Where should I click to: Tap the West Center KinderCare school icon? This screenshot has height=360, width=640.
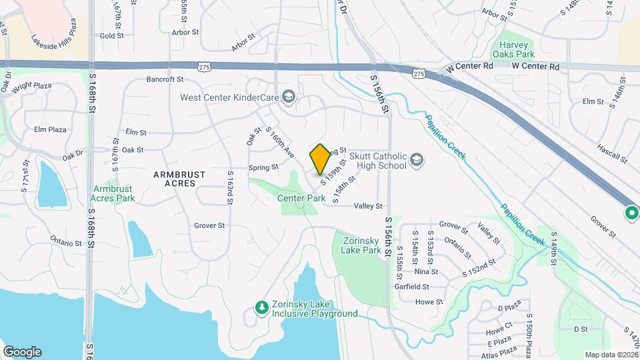pos(288,98)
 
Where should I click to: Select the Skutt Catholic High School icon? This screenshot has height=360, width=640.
pos(416,160)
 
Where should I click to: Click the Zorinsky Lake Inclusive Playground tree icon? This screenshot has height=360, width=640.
pos(262,307)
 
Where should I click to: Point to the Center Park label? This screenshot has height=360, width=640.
pos(301,198)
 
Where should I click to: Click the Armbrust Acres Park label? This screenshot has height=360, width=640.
pos(114,193)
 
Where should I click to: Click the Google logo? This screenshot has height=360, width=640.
pos(22,352)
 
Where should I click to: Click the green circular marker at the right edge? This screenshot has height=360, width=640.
pos(631,213)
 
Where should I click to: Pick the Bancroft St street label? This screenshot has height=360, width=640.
pos(165,79)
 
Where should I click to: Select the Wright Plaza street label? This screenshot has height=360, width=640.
pos(32,86)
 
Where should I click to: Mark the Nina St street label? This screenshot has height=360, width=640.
pos(426,272)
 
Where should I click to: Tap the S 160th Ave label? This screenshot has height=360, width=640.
pos(279,143)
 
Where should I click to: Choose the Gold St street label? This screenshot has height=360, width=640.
pos(112,36)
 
